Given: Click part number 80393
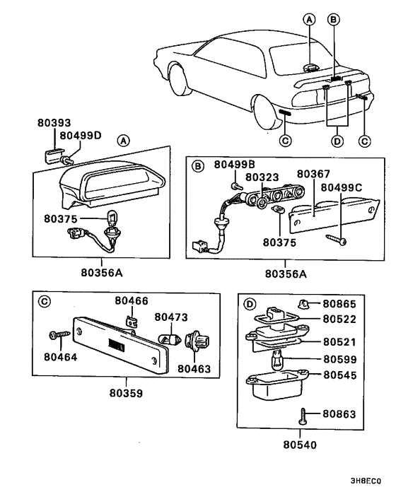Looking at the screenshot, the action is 54,122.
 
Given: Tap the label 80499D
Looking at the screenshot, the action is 81,135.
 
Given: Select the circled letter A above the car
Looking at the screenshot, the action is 309,20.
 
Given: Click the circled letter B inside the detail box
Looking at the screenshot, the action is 198,166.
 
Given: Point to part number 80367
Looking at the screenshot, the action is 313,174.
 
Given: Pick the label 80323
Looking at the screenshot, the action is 262,177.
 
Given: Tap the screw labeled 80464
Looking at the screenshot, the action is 59,334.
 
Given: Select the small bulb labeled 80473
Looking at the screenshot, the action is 170,338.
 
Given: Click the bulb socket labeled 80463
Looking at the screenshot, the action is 197,340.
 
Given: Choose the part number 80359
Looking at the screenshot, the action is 126,393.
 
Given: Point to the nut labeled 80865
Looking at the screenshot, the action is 303,304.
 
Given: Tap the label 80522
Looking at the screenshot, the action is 339,319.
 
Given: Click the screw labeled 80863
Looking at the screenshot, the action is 303,416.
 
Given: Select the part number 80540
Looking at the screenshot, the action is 300,445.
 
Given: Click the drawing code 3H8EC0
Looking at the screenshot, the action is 366,481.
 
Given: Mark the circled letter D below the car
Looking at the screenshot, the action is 337,141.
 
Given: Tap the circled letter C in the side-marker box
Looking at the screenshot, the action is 45,300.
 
